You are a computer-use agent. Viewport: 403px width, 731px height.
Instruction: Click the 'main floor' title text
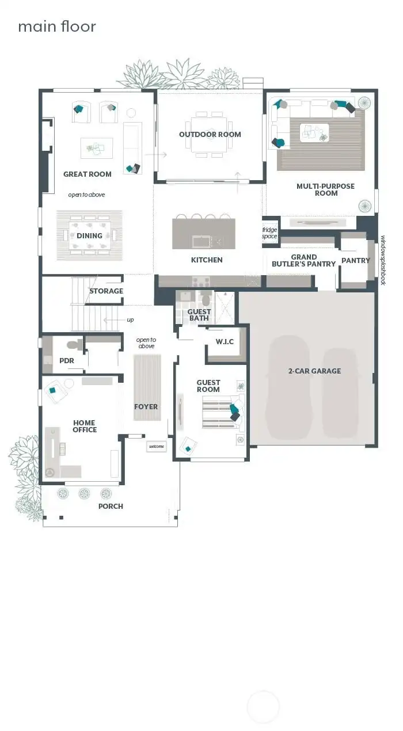coord(56,26)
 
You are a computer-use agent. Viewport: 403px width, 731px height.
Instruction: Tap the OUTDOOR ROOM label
coord(210,135)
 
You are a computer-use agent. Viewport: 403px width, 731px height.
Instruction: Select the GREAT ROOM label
coord(88,174)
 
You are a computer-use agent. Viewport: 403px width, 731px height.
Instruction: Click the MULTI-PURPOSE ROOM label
coord(325,189)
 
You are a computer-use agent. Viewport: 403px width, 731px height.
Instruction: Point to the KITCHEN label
coord(207,260)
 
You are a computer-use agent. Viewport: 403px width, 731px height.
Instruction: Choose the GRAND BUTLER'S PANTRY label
coord(303,261)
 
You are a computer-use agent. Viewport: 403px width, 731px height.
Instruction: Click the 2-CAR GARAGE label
coord(314,371)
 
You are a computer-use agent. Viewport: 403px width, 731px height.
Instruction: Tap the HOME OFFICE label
coord(85,426)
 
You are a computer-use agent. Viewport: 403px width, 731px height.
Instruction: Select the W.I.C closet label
coord(225,342)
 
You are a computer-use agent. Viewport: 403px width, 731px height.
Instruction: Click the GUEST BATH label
coord(199,315)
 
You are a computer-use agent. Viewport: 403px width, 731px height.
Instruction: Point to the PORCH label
coord(111,507)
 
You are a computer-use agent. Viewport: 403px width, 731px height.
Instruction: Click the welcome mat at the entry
coord(157,446)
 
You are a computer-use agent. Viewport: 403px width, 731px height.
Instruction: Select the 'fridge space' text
coord(269,233)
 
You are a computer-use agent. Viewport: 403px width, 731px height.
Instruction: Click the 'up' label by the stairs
coord(130,320)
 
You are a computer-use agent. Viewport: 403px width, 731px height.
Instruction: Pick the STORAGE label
coord(106,291)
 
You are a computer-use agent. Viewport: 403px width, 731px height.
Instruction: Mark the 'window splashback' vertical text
coord(382,260)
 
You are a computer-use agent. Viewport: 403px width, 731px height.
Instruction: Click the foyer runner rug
coord(146,387)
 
